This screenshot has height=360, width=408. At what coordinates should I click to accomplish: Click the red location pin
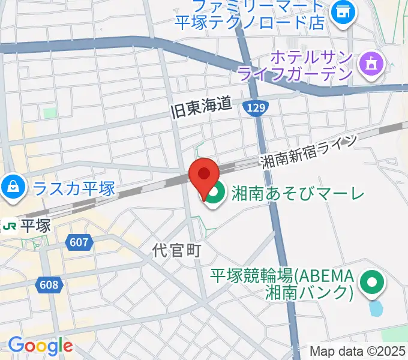point(204,176)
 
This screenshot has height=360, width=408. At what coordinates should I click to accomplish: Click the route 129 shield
point(256,107)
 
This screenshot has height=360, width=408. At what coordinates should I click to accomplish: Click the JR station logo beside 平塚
point(10,226)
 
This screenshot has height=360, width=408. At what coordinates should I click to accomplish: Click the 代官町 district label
point(176,250)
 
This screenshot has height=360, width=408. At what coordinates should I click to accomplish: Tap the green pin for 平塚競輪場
point(372,283)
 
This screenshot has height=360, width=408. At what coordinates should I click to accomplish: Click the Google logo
point(40,346)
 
